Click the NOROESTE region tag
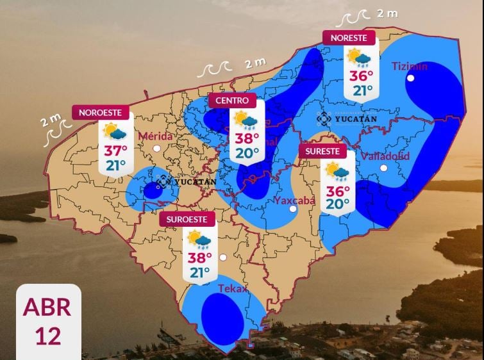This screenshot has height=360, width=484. [101, 113]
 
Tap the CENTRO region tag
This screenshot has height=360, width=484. [232, 101]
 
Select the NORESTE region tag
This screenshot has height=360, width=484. [349, 38]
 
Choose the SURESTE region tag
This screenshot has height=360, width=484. [322, 152]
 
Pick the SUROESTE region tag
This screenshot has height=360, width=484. [187, 219]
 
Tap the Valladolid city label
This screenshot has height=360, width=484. [385, 156]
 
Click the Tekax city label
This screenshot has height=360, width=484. [232, 289]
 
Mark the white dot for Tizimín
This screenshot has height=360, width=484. [410, 78]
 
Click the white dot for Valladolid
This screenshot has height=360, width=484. [383, 168]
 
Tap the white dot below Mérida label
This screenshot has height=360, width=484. [156, 148]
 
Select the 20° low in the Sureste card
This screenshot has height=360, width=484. [337, 204]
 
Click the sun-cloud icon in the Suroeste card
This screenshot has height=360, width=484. [199, 240]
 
